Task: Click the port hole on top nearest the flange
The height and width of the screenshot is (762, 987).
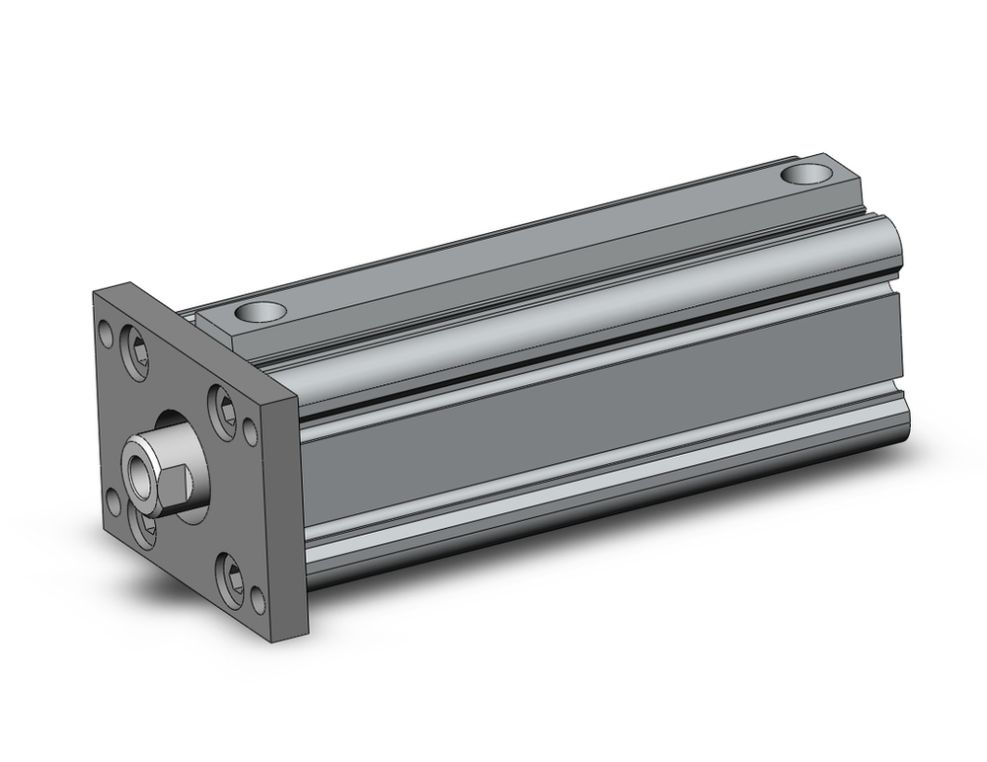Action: point(261,314)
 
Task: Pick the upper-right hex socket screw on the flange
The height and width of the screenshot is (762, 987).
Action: point(221,404)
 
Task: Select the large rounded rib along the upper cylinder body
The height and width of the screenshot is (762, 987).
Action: point(592,296)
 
